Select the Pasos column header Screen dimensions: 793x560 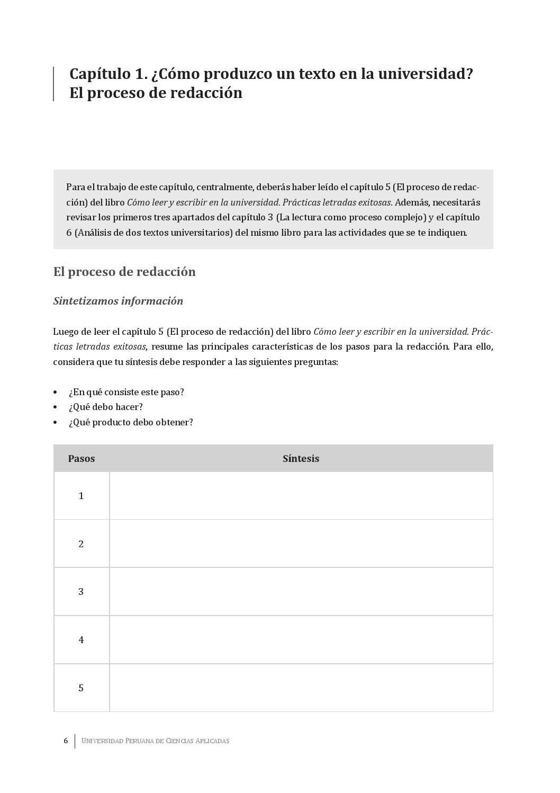pyautogui.click(x=82, y=459)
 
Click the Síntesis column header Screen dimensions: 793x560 pyautogui.click(x=301, y=459)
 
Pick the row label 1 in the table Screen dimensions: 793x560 pyautogui.click(x=82, y=496)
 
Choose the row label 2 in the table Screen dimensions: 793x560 pyautogui.click(x=82, y=544)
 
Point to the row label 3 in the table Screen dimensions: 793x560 pyautogui.click(x=82, y=592)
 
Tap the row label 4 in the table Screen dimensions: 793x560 pyautogui.click(x=82, y=640)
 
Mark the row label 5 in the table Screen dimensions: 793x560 pyautogui.click(x=82, y=688)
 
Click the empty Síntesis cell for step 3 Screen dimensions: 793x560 pyautogui.click(x=301, y=592)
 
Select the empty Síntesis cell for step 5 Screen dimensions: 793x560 pyautogui.click(x=301, y=688)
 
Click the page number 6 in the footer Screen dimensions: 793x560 pyautogui.click(x=66, y=741)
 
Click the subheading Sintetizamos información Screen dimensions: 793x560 pyautogui.click(x=118, y=301)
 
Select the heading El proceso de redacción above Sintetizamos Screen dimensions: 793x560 pyautogui.click(x=124, y=272)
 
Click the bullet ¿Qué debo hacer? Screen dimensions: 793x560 pyautogui.click(x=105, y=407)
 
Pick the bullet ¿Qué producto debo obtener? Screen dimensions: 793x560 pyautogui.click(x=131, y=423)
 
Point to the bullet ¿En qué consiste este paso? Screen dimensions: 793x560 pyautogui.click(x=126, y=393)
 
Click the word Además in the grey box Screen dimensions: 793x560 pyautogui.click(x=411, y=202)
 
